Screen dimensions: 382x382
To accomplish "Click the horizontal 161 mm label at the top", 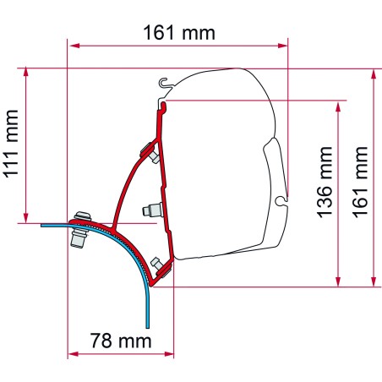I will point(178,33).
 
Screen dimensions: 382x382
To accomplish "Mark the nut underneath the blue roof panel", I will point(81,241).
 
